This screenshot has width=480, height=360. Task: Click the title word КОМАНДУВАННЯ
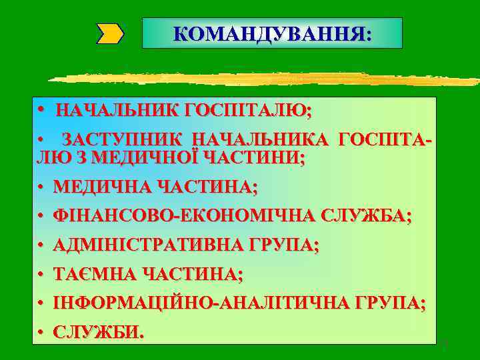click(272, 33)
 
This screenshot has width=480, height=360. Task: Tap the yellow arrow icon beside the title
click(111, 33)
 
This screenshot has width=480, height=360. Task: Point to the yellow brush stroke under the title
click(267, 79)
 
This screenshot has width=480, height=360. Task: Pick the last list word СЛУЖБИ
click(98, 332)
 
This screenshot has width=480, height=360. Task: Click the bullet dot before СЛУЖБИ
click(41, 332)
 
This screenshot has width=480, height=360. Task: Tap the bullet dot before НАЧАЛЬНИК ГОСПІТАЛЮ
click(41, 109)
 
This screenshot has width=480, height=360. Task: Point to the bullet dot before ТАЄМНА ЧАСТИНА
click(41, 275)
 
